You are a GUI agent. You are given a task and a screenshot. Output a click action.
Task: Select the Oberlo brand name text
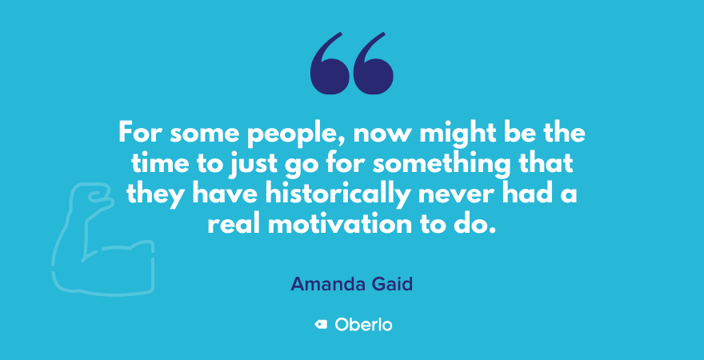pos(362,325)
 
